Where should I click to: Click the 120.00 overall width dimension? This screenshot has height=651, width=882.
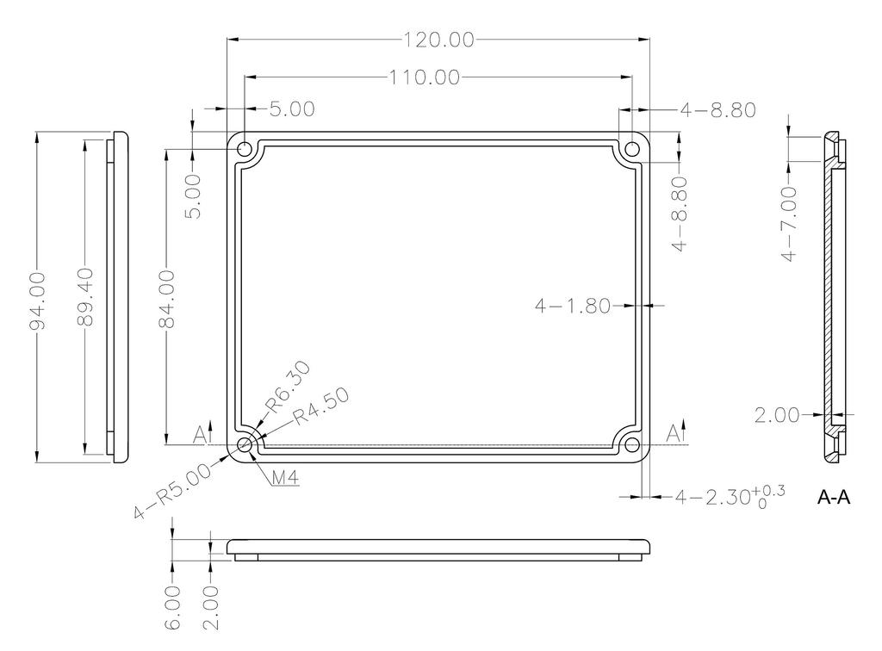[x=438, y=40]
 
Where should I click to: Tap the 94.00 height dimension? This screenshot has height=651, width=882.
[x=37, y=298]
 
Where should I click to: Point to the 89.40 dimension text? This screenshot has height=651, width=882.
[x=84, y=297]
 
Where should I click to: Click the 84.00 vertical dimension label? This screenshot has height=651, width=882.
[x=166, y=298]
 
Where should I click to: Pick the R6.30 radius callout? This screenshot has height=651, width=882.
[x=287, y=386]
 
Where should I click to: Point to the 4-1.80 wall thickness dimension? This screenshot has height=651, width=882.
[x=572, y=305]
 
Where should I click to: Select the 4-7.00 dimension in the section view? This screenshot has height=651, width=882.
[x=788, y=225]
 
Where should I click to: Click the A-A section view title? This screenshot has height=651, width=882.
[x=833, y=498]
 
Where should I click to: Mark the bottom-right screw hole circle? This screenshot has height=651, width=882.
[x=632, y=445]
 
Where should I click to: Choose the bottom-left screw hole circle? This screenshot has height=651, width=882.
[x=245, y=445]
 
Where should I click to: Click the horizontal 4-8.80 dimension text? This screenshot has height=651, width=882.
[x=717, y=110]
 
